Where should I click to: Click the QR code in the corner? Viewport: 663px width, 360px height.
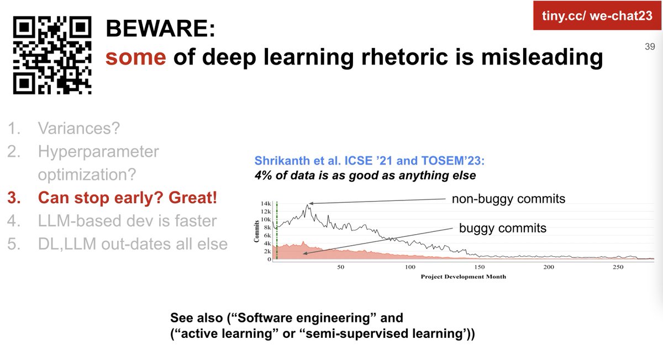[x=52, y=55]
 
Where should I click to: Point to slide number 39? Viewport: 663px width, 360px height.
[x=649, y=47]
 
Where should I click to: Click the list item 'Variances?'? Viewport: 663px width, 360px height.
[x=78, y=129]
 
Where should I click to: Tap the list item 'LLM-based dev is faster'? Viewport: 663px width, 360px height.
[x=127, y=221]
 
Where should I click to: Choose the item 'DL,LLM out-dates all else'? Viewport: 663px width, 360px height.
[x=133, y=243]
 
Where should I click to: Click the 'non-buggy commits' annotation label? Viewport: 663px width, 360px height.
[x=508, y=199]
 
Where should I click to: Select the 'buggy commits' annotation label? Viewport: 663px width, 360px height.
[x=503, y=228]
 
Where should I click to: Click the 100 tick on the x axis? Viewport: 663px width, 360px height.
[x=410, y=267]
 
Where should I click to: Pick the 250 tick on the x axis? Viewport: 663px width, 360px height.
[x=618, y=267]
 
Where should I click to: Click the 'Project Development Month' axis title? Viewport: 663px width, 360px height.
[x=462, y=276]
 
